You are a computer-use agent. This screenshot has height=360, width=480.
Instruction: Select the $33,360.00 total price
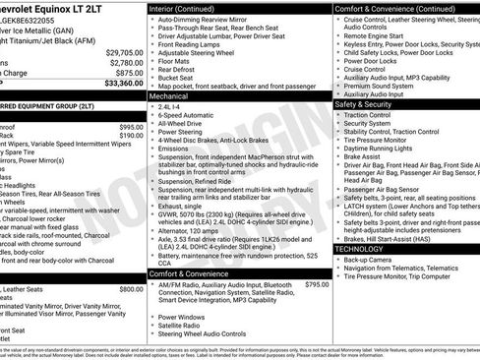pyautogui.click(x=125, y=84)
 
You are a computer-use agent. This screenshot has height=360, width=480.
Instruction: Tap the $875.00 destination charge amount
pyautogui.click(x=129, y=73)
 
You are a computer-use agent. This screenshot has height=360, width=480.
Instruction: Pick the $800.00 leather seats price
pyautogui.click(x=131, y=289)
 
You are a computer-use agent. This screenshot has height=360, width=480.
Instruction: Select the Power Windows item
pyautogui.click(x=182, y=318)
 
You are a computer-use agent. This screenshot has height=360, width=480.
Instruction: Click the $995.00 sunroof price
pyautogui.click(x=131, y=127)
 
